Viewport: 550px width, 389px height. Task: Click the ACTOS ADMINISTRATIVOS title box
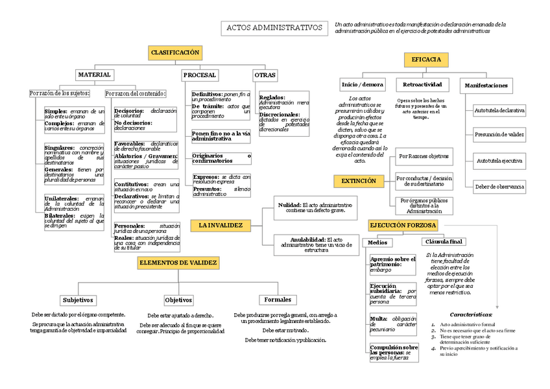(x=274, y=28)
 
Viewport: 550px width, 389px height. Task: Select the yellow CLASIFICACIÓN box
(x=175, y=53)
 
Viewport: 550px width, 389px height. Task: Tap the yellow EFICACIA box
(x=426, y=60)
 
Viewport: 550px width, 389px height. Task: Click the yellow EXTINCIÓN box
(x=359, y=182)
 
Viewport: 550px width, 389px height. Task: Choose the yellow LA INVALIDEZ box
(x=221, y=226)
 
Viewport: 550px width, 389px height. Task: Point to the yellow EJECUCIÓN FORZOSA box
(x=403, y=225)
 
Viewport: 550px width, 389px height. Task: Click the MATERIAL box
(x=94, y=75)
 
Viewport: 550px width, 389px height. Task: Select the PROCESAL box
(x=200, y=75)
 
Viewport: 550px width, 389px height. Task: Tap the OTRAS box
(x=265, y=75)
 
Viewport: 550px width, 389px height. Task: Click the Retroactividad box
(x=422, y=85)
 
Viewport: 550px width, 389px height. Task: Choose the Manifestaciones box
(x=486, y=86)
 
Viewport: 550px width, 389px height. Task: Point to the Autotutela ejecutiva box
(x=499, y=160)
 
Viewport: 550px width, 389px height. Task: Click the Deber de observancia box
(x=499, y=187)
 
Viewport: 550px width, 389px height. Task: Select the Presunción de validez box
(x=499, y=135)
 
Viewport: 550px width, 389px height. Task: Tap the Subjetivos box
(x=78, y=300)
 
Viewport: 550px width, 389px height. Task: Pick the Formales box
(x=278, y=300)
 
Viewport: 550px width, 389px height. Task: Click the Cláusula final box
(x=444, y=242)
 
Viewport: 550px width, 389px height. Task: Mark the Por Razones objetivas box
(x=425, y=156)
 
